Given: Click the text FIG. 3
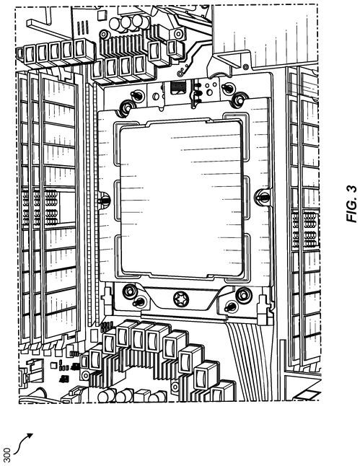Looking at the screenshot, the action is pyautogui.click(x=352, y=204).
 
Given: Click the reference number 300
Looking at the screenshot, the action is pyautogui.click(x=6, y=454).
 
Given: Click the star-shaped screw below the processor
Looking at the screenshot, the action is pyautogui.click(x=181, y=299).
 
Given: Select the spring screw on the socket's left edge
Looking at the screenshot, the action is pyautogui.click(x=104, y=199).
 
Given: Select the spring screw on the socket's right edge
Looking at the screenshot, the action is pyautogui.click(x=263, y=196).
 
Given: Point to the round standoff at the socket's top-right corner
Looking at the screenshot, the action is pyautogui.click(x=240, y=100).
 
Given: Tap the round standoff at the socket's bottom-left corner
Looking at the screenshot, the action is pyautogui.click(x=130, y=291).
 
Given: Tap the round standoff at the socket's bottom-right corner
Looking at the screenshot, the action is pyautogui.click(x=244, y=294).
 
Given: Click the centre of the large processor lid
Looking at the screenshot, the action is pyautogui.click(x=181, y=198).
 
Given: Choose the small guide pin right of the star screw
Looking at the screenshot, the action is pyautogui.click(x=231, y=307).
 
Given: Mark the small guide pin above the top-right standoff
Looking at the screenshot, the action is pyautogui.click(x=227, y=88).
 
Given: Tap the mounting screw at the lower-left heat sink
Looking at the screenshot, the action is pyautogui.click(x=85, y=375).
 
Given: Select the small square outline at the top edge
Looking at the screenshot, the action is pyautogui.click(x=102, y=15).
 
